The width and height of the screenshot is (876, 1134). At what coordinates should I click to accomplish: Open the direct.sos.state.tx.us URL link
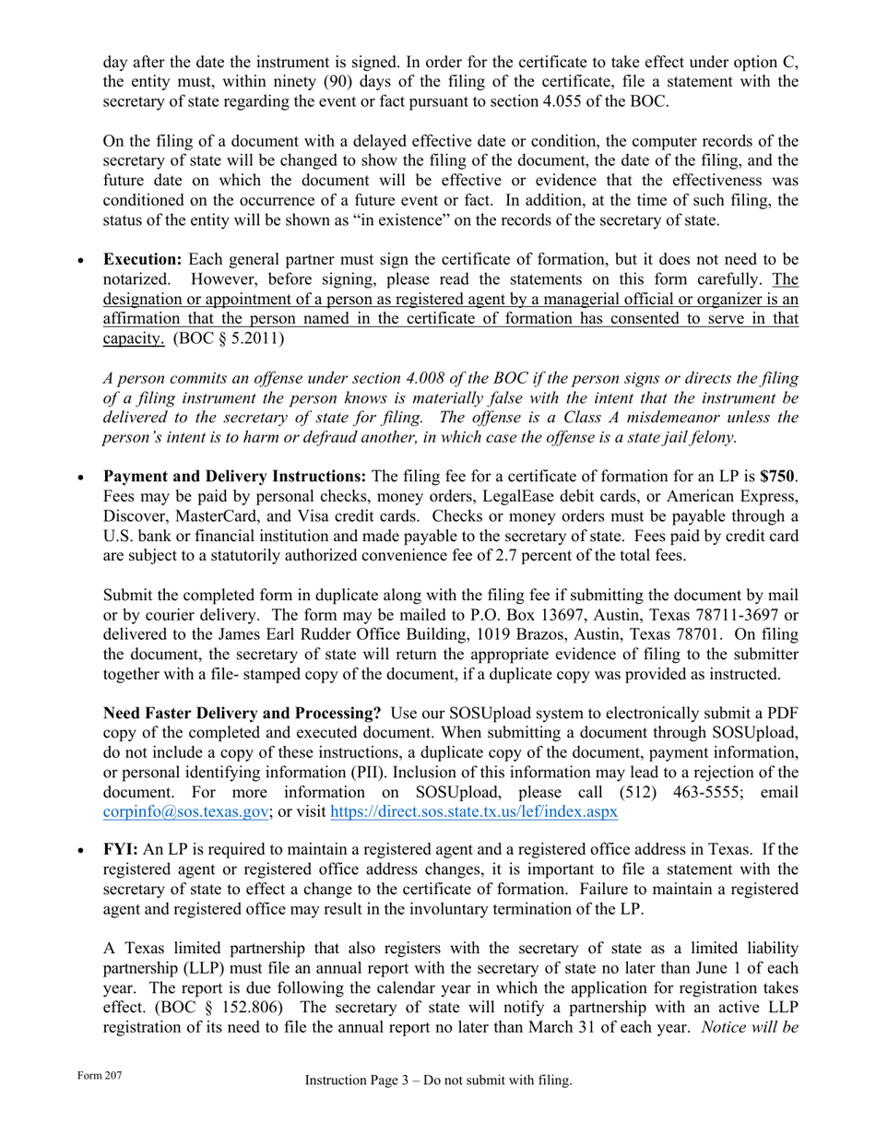tap(473, 812)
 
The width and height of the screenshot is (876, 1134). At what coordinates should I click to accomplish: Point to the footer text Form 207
tap(100, 1076)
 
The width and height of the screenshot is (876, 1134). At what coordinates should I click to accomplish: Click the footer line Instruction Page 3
tap(438, 1081)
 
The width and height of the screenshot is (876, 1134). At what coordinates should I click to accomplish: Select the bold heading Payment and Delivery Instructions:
tap(234, 477)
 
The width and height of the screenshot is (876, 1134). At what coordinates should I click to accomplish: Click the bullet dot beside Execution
tap(82, 261)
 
